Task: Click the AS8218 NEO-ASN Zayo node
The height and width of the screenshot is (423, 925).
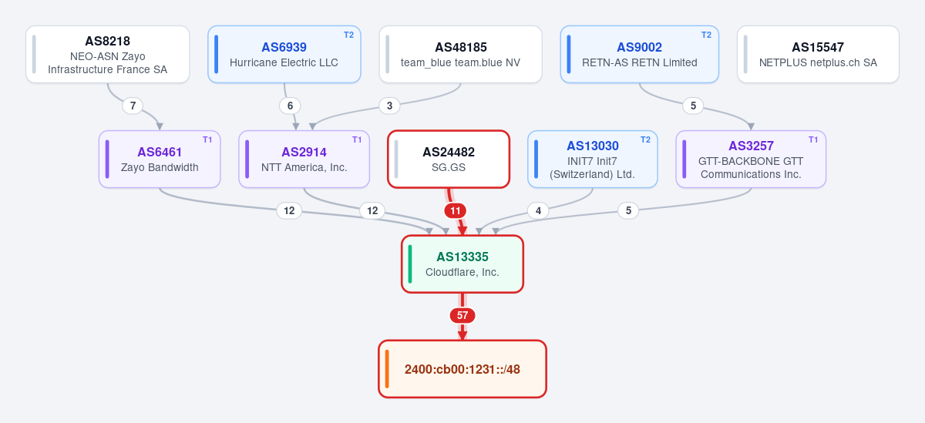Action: click(107, 55)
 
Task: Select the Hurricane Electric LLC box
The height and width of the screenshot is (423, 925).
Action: click(284, 55)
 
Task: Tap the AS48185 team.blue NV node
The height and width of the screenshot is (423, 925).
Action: click(460, 55)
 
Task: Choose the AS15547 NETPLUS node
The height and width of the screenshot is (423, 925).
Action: click(818, 55)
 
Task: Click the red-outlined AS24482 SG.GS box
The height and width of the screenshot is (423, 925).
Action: click(449, 159)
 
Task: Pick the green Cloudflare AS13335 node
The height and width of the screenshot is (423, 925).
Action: click(462, 264)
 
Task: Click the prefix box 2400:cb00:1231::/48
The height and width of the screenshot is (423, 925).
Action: click(462, 369)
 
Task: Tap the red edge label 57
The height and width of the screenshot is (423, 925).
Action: click(462, 316)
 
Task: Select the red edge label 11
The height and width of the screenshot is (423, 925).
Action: click(455, 211)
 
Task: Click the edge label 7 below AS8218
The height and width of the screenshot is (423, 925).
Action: click(133, 106)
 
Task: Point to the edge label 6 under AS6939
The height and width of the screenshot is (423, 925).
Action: click(290, 106)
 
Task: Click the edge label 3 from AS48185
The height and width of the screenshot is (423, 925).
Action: click(389, 106)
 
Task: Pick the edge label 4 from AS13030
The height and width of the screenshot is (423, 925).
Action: click(538, 211)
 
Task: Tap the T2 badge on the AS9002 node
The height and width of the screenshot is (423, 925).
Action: click(706, 35)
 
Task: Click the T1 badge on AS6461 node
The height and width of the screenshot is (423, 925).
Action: click(207, 140)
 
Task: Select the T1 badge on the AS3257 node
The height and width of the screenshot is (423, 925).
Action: click(813, 140)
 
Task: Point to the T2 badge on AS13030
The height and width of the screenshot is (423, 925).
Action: click(645, 140)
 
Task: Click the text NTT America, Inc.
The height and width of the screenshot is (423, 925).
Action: click(304, 167)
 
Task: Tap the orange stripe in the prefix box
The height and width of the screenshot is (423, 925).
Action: click(387, 369)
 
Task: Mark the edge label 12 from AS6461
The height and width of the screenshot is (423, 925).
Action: click(289, 211)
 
